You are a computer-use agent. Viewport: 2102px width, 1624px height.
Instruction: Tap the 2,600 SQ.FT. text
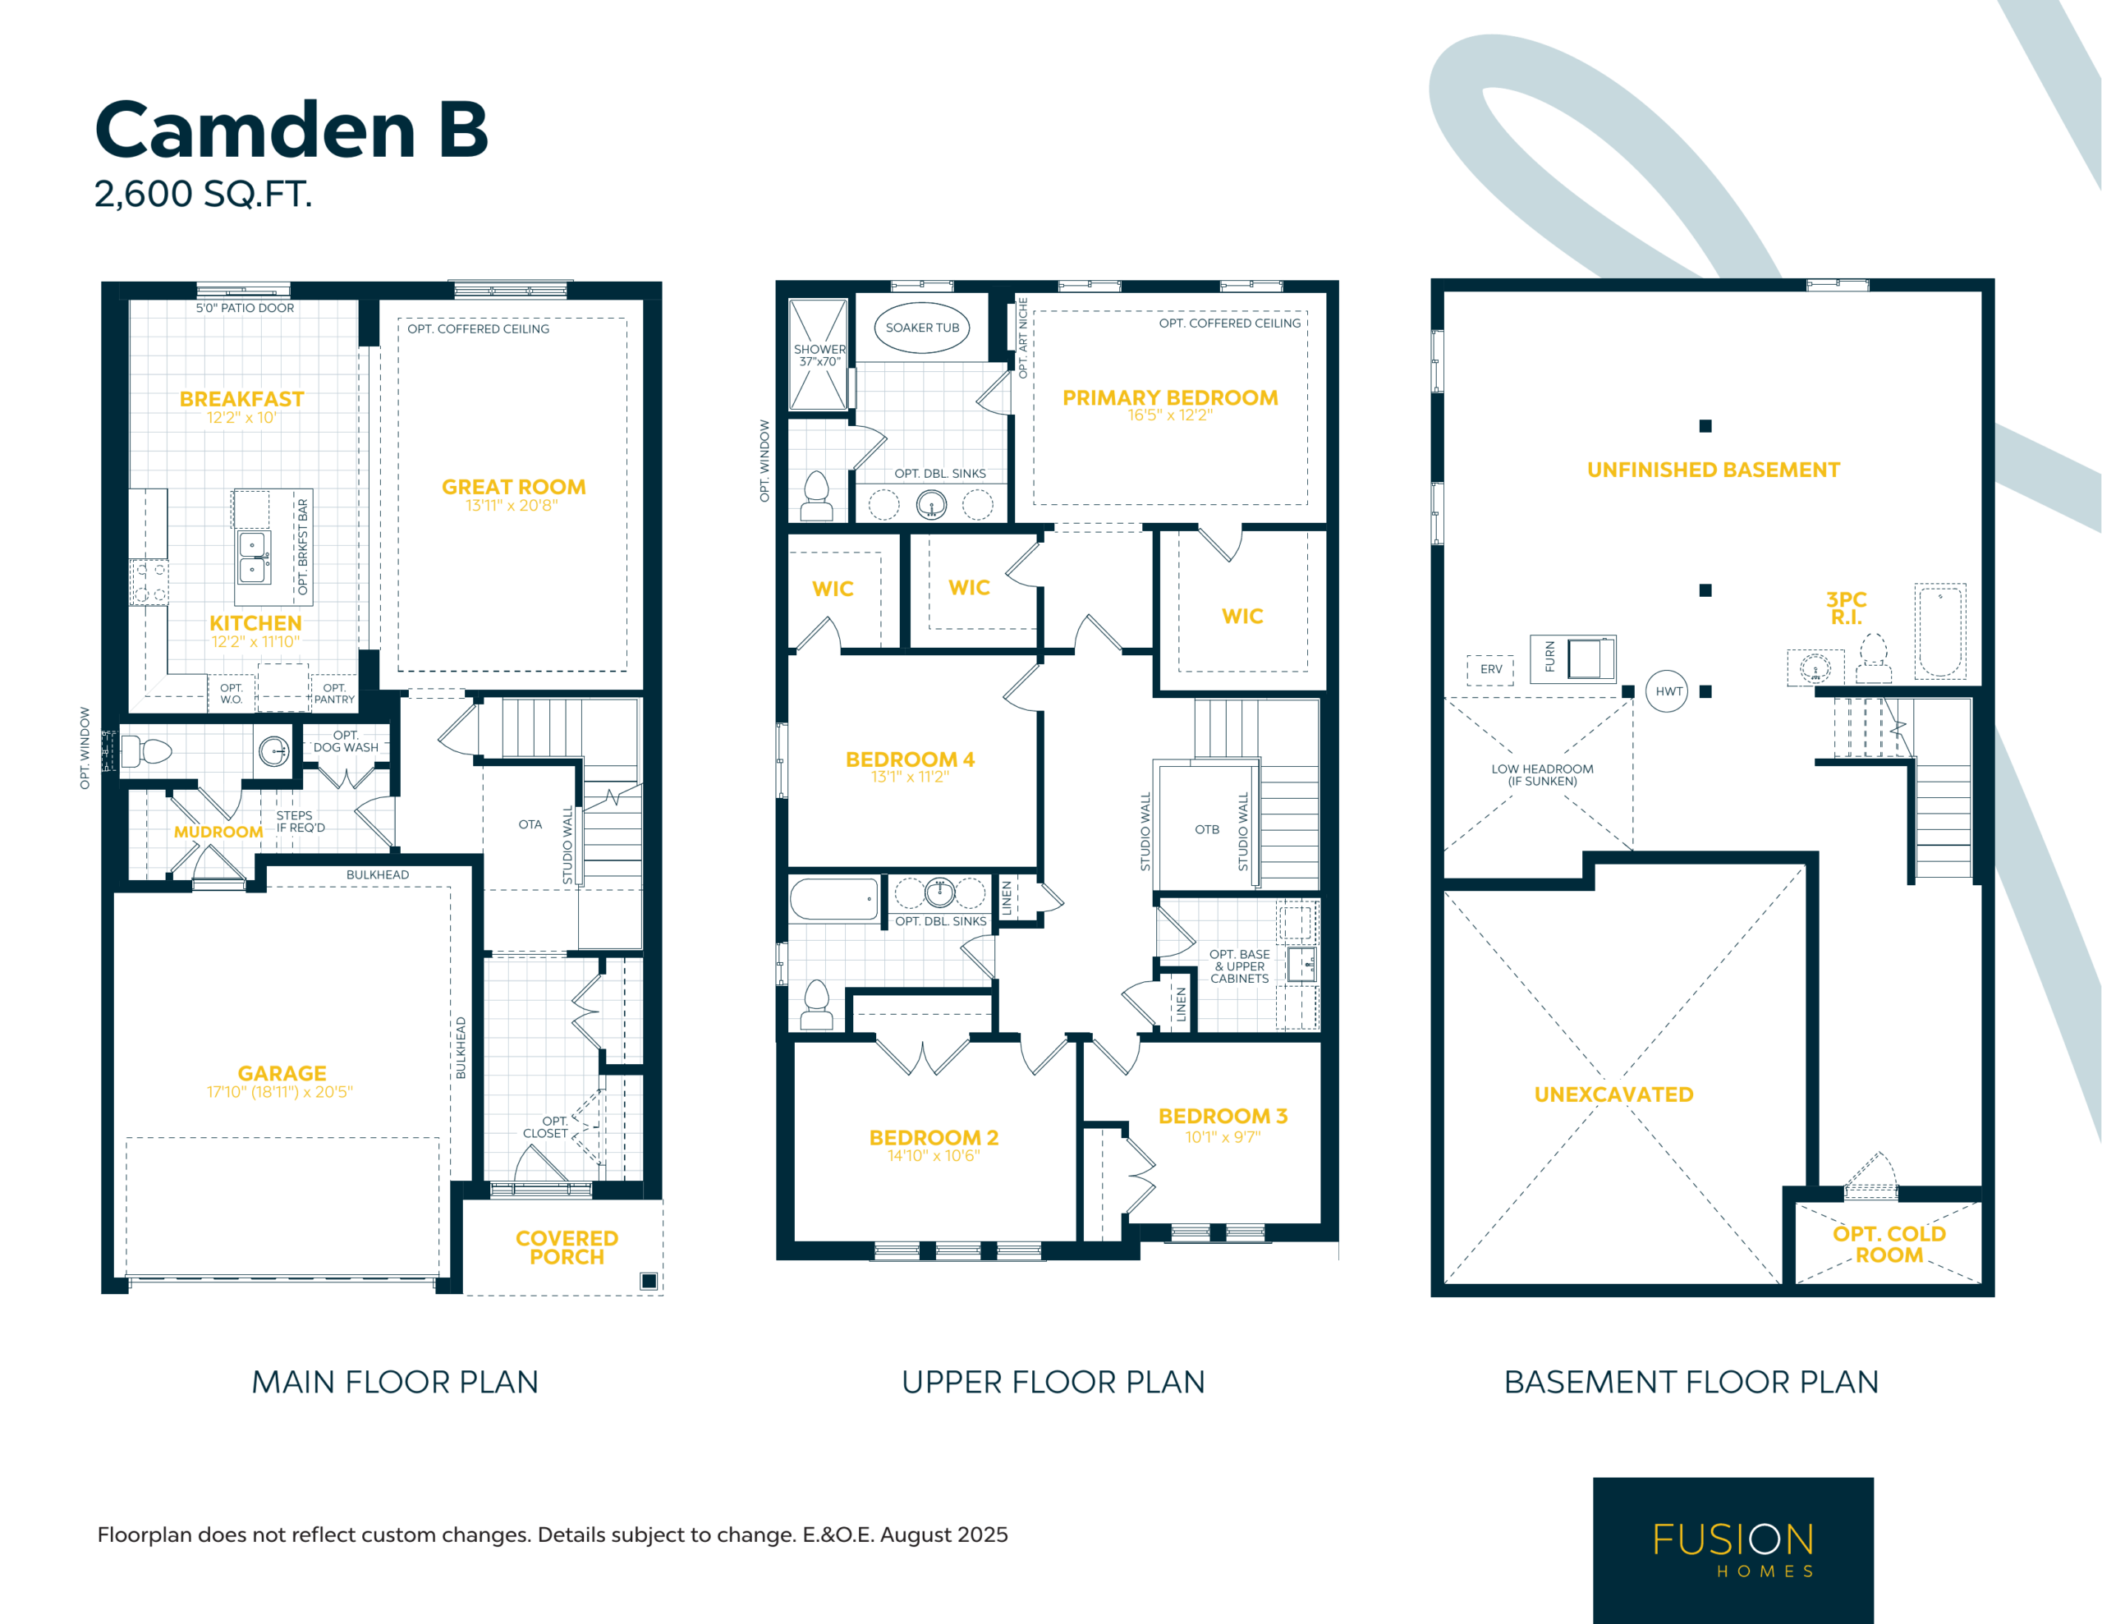(x=203, y=195)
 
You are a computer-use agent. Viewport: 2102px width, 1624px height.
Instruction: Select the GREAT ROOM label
(x=513, y=487)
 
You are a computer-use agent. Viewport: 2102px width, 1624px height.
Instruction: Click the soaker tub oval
(x=922, y=328)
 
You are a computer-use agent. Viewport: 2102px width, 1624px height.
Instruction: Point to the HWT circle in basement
(x=1667, y=691)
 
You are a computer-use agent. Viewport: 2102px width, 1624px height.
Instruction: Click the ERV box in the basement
(x=1491, y=669)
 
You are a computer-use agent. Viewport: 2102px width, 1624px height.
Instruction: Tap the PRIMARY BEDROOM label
(x=1170, y=397)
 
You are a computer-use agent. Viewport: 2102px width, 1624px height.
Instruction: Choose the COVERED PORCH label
(x=567, y=1248)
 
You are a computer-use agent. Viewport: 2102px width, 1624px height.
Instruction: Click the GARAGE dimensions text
(x=280, y=1092)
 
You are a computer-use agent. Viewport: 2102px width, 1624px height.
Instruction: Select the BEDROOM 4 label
(x=910, y=759)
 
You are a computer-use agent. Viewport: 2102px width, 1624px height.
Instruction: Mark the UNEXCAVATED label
(x=1614, y=1094)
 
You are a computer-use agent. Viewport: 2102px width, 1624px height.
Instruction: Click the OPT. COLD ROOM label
(x=1889, y=1244)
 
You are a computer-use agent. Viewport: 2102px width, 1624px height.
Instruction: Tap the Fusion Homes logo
(x=1733, y=1550)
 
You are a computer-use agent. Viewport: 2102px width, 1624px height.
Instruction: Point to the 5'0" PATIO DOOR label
(x=246, y=308)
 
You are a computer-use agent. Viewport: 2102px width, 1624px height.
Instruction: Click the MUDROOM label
(x=218, y=832)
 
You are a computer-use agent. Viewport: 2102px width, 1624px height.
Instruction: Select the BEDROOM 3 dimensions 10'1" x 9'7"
(x=1223, y=1137)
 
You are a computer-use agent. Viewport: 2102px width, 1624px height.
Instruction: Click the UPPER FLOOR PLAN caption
(x=1053, y=1382)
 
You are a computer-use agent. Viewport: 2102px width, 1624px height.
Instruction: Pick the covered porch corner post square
(x=649, y=1280)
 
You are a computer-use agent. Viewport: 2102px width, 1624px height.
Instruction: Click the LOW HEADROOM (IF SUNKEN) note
(x=1542, y=775)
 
